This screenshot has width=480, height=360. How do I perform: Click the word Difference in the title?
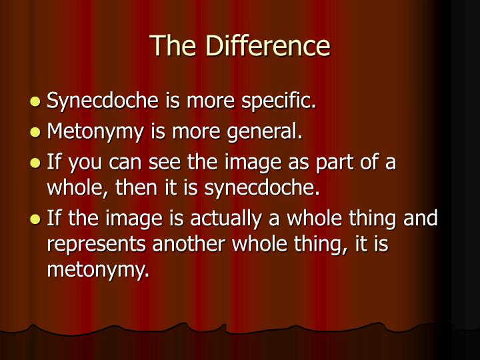tap(268, 46)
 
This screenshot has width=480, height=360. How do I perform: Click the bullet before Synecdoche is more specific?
tap(36, 102)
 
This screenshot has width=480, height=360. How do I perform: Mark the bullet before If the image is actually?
tap(36, 218)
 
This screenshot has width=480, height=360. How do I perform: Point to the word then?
tap(135, 187)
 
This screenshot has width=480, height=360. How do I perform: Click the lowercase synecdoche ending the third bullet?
tap(262, 187)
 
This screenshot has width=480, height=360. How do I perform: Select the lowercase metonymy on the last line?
tap(97, 269)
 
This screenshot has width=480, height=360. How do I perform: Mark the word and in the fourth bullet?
tap(422, 218)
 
